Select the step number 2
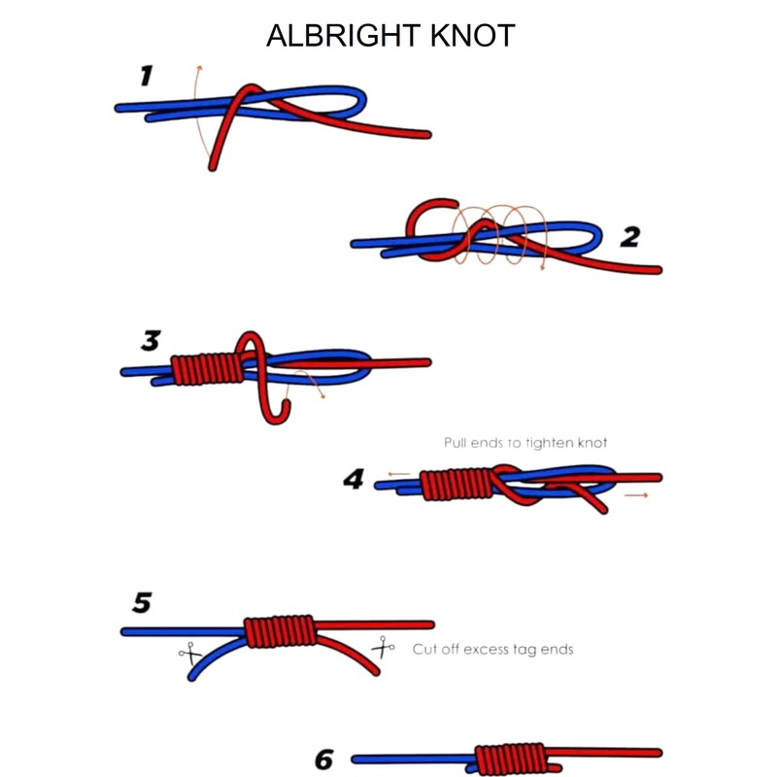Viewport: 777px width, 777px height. pyautogui.click(x=629, y=236)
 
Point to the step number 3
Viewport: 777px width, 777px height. pyautogui.click(x=150, y=341)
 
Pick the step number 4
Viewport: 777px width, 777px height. pyautogui.click(x=354, y=480)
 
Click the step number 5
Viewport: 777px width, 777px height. pyautogui.click(x=142, y=604)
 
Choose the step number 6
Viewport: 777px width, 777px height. pyautogui.click(x=324, y=759)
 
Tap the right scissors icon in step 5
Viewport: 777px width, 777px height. pyautogui.click(x=383, y=646)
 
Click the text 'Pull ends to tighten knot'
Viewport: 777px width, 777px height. pyautogui.click(x=525, y=443)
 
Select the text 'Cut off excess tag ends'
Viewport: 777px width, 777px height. pyautogui.click(x=492, y=649)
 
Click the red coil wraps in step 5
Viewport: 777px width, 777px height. pyautogui.click(x=281, y=631)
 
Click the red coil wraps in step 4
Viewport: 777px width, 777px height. pyautogui.click(x=456, y=483)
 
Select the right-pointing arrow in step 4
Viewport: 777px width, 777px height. pyautogui.click(x=637, y=495)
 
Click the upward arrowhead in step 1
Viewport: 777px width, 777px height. pyautogui.click(x=198, y=69)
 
